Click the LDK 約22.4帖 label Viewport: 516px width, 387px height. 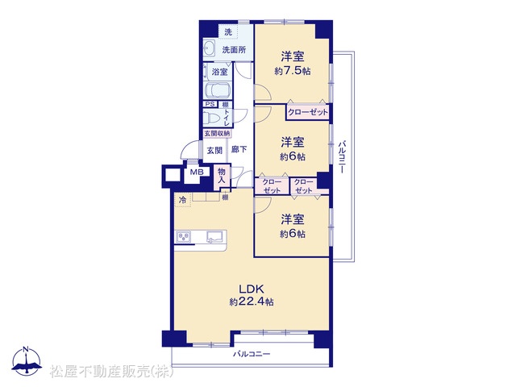252,295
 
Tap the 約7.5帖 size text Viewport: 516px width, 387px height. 292,71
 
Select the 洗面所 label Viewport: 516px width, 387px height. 234,50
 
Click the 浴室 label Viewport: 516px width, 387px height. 219,72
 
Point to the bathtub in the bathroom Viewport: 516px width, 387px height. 217,90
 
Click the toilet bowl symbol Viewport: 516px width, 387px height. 211,118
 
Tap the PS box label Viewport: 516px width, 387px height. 210,104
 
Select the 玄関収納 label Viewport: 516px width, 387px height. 217,133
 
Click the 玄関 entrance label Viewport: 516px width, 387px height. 214,151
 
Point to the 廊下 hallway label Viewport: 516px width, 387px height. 239,149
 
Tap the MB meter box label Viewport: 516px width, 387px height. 197,172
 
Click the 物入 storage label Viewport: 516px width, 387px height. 222,176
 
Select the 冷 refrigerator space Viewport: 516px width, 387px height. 182,199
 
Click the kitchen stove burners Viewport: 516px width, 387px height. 183,237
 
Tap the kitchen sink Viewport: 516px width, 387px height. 214,237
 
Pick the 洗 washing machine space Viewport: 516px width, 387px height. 228,32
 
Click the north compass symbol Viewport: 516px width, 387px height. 27,360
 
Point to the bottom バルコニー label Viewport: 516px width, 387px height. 252,354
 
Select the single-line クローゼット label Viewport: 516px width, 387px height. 308,112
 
